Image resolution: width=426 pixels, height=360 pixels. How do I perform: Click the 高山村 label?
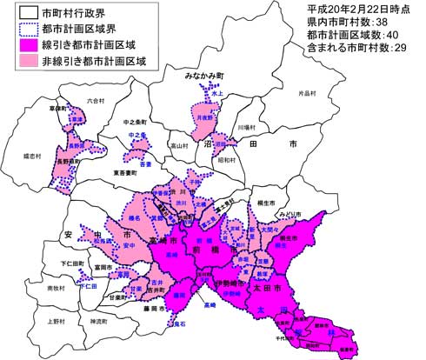click(x=178, y=145)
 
